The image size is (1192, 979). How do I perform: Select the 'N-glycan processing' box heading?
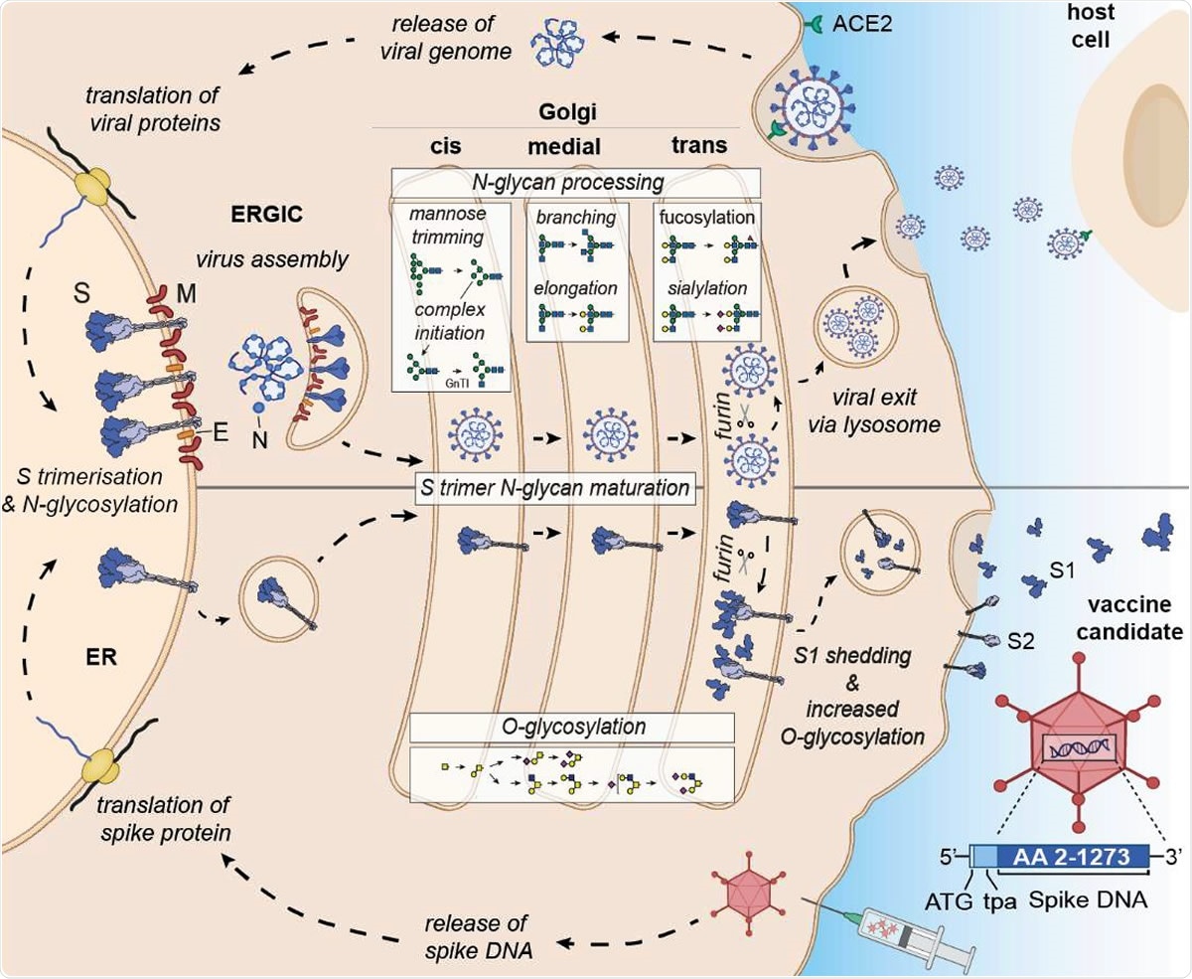click(575, 182)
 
